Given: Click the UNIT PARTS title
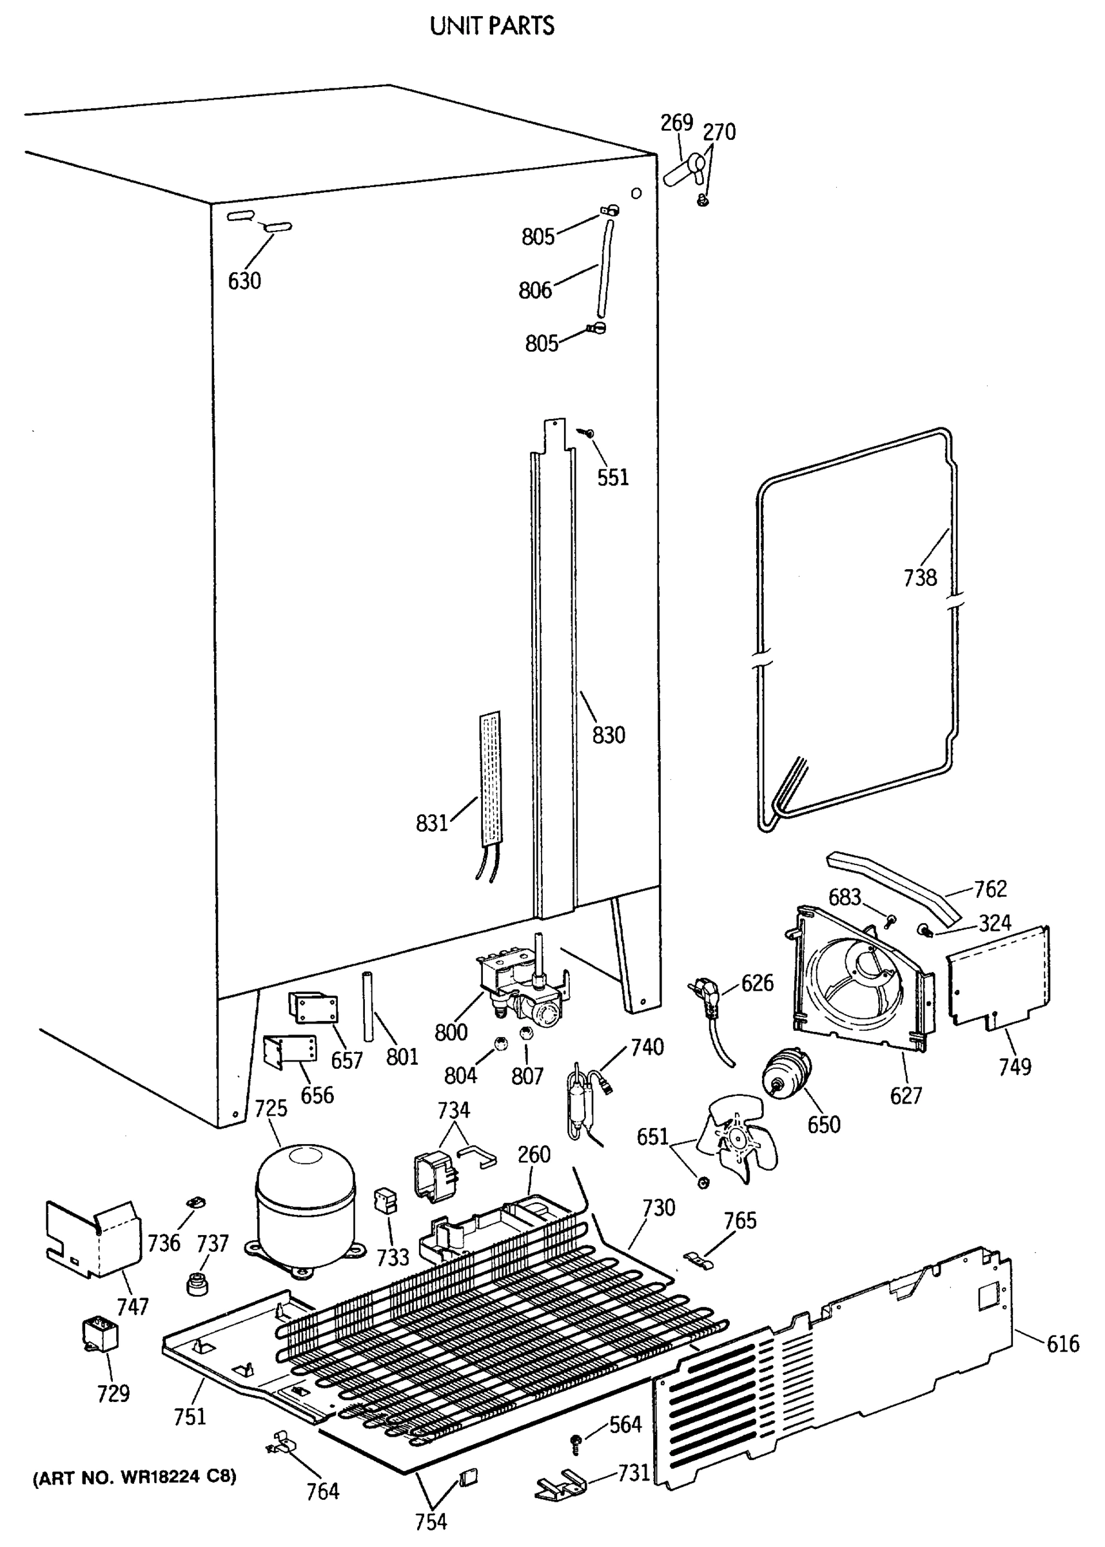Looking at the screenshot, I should [x=492, y=26].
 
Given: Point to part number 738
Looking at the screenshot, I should [x=920, y=578].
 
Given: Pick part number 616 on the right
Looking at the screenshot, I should [x=1063, y=1343].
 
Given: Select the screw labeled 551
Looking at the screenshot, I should [x=587, y=432].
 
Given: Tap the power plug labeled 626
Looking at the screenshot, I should [x=709, y=995].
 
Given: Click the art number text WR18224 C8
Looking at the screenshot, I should [x=135, y=1477].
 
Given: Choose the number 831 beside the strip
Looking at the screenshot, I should [x=432, y=824].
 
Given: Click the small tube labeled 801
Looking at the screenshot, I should [x=368, y=1007].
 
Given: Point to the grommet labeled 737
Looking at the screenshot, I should [x=197, y=1281].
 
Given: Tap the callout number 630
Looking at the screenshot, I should [x=244, y=280].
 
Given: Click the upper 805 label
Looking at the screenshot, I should [x=538, y=236].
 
